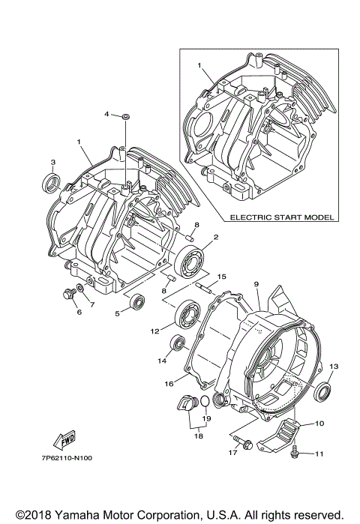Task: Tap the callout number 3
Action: [52, 162]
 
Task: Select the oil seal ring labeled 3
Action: [52, 181]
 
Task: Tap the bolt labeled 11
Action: [297, 451]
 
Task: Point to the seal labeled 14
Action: [178, 343]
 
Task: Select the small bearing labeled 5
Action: [138, 301]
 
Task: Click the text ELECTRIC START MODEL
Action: [282, 218]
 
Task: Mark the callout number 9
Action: [256, 284]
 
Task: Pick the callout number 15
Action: [220, 277]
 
